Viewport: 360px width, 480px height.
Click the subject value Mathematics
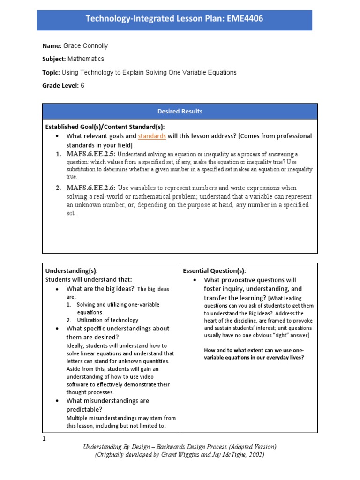click(x=86, y=59)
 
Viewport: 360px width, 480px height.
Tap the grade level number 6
click(x=82, y=86)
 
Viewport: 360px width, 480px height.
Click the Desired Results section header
click(x=180, y=111)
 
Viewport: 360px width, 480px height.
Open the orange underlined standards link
click(x=151, y=136)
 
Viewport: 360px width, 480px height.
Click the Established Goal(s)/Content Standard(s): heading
click(x=105, y=127)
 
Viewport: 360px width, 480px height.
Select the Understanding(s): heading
click(x=71, y=270)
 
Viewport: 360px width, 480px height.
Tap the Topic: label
click(x=51, y=73)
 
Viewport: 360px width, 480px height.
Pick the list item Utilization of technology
click(x=107, y=320)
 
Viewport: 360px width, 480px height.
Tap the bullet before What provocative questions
click(x=194, y=280)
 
